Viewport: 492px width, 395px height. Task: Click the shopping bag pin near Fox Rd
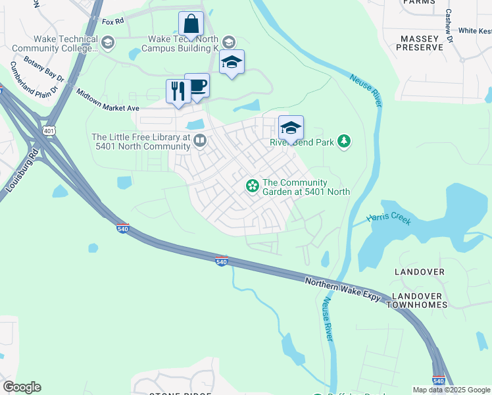[191, 24]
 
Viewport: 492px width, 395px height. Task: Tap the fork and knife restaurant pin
[178, 92]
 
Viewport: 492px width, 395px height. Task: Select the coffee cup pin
[197, 86]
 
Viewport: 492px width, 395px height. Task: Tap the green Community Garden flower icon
[252, 187]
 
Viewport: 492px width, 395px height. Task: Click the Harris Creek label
[390, 219]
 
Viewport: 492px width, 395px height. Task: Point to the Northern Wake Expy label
[343, 289]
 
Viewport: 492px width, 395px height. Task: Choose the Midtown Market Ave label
[107, 99]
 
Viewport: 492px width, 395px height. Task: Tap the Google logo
[22, 387]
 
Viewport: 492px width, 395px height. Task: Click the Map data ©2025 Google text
[451, 390]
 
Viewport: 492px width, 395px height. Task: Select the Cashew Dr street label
[449, 26]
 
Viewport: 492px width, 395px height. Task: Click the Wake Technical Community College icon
[108, 43]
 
